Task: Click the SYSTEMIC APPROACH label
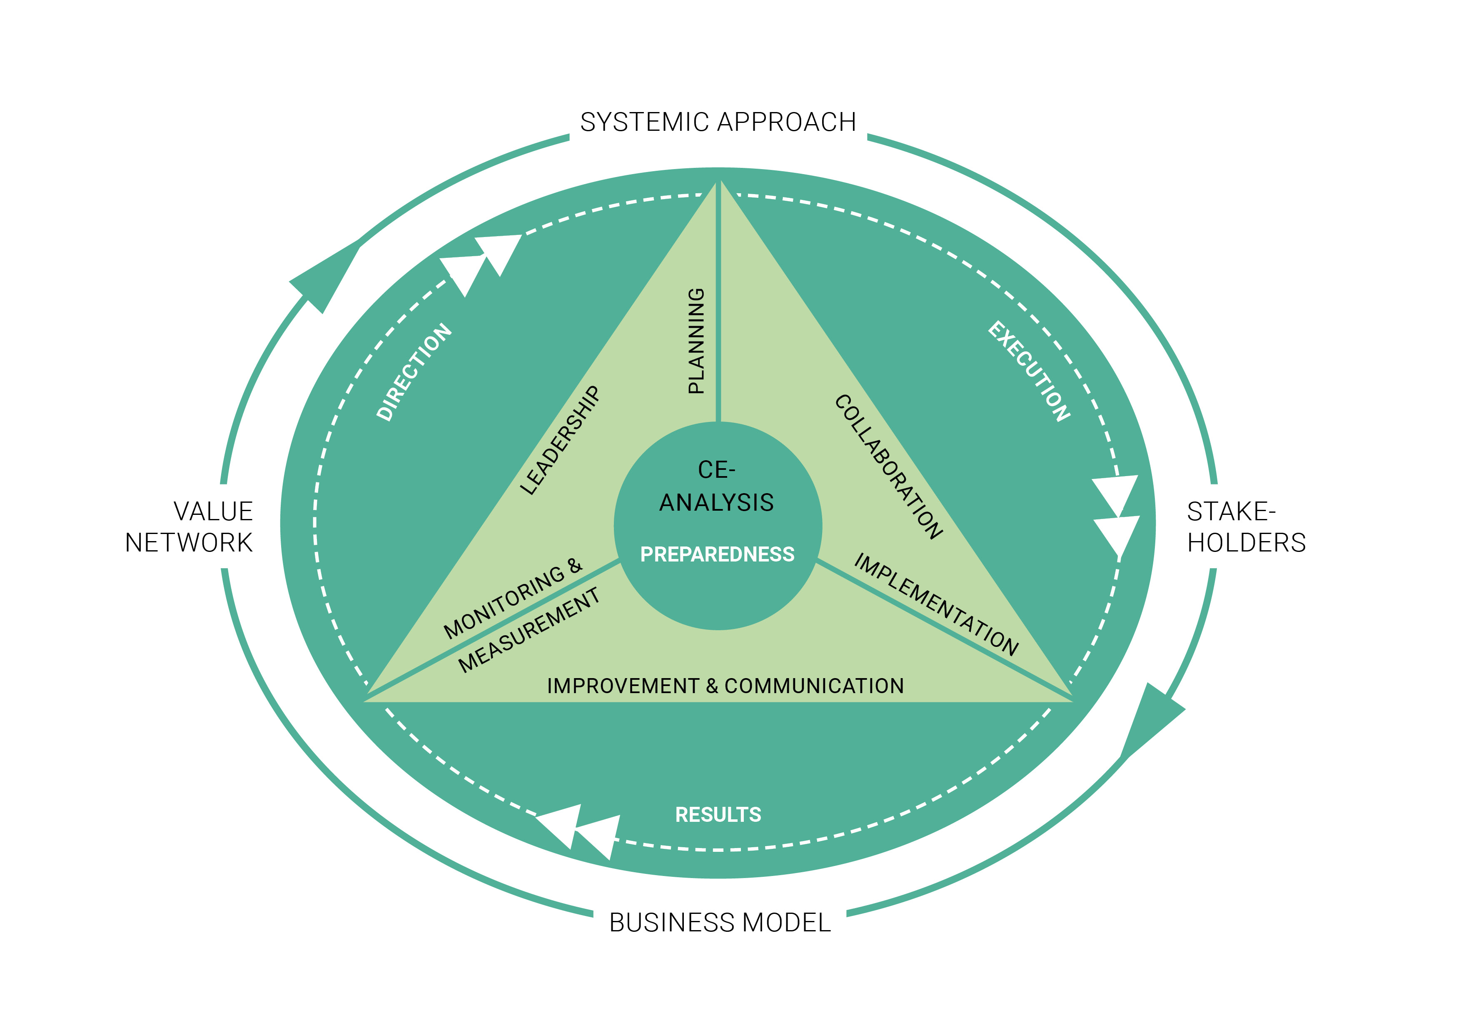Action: [718, 122]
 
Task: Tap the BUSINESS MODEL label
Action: [720, 922]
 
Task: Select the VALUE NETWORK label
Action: [189, 527]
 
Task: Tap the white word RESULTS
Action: [718, 815]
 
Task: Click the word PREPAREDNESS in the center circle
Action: [717, 554]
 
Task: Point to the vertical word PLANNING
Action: [697, 341]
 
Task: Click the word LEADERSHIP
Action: [560, 440]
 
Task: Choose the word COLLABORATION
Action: [888, 467]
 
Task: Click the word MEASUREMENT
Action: [529, 631]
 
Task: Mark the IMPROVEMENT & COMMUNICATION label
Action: [726, 686]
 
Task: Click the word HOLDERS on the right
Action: [1247, 543]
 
